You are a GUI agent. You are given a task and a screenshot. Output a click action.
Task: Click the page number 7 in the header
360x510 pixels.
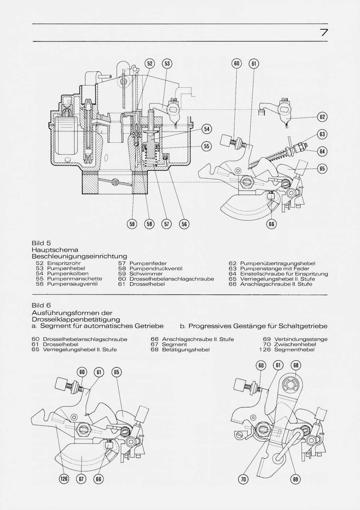324,33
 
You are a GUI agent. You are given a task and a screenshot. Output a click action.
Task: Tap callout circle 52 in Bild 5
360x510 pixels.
150,64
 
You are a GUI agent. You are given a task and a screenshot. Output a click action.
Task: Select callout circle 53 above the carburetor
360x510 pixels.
167,64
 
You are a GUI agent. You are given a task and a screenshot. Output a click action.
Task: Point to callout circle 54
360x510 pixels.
207,129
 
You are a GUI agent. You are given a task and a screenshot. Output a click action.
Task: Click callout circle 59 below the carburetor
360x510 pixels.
133,224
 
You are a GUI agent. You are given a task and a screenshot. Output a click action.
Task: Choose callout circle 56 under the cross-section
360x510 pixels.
184,224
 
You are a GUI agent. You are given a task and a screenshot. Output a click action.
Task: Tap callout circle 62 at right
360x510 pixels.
322,117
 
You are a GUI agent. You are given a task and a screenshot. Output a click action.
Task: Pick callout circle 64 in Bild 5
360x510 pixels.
322,151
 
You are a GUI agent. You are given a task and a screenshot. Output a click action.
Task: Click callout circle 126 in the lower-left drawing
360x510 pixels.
64,479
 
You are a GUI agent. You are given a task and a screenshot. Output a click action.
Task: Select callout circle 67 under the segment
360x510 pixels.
81,479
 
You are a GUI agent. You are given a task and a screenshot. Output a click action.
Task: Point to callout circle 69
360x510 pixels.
296,479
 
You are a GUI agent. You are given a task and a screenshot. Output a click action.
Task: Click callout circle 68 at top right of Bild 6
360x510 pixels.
296,366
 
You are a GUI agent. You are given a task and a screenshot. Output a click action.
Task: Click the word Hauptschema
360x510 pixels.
55,250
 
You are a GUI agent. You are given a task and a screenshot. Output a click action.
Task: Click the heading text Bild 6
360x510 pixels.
41,305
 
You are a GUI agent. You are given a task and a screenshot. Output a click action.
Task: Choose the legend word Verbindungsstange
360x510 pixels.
301,339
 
